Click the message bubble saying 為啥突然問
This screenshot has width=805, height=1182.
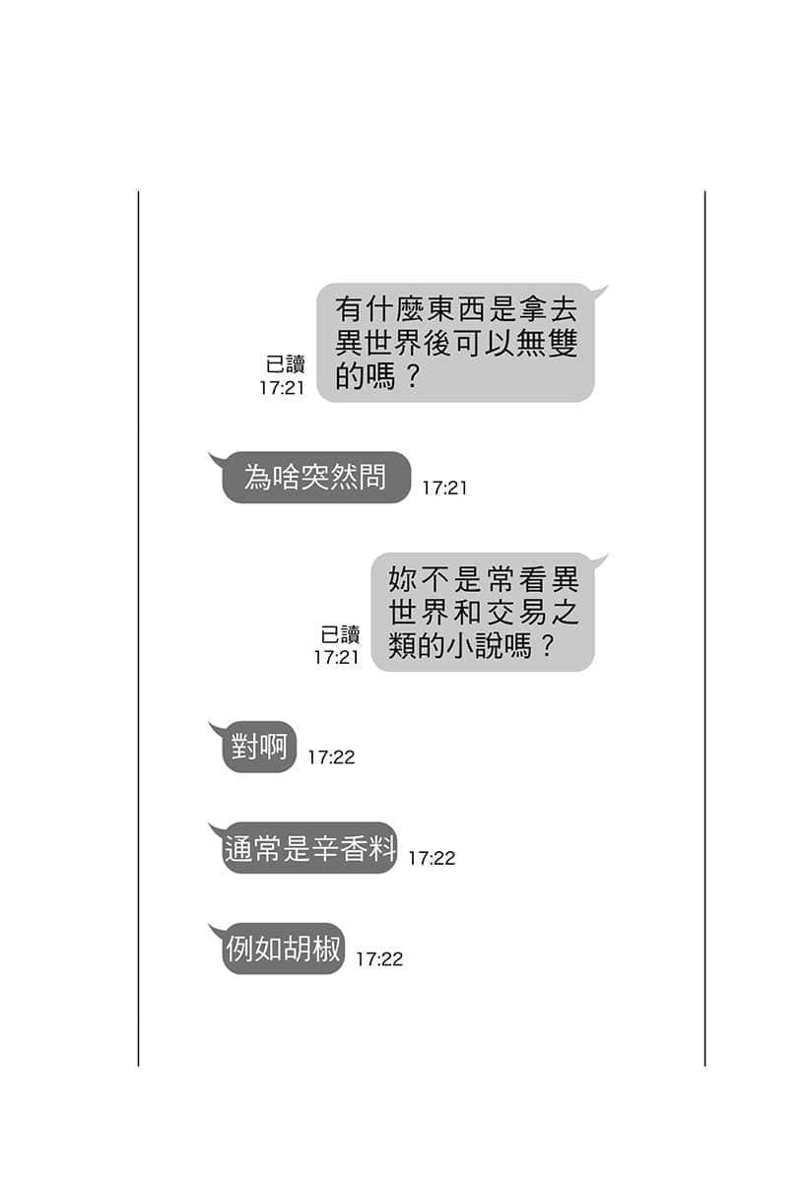pyautogui.click(x=315, y=477)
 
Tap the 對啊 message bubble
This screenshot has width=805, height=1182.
pyautogui.click(x=259, y=747)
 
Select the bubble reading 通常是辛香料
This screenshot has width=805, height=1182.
pyautogui.click(x=308, y=847)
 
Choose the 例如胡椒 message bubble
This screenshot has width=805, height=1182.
pyautogui.click(x=283, y=949)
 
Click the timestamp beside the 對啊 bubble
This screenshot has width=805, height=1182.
pyautogui.click(x=331, y=757)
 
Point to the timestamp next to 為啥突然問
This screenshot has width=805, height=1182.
pyautogui.click(x=444, y=489)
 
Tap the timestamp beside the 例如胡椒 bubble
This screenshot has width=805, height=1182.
pyautogui.click(x=379, y=959)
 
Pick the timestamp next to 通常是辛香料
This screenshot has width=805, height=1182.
pyautogui.click(x=432, y=859)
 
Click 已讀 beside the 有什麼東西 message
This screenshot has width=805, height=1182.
pyautogui.click(x=286, y=364)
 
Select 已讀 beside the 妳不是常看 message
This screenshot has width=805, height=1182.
pyautogui.click(x=341, y=634)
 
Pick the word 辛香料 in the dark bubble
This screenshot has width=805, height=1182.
pyautogui.click(x=352, y=848)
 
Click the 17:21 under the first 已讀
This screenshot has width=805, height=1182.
pyautogui.click(x=283, y=388)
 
